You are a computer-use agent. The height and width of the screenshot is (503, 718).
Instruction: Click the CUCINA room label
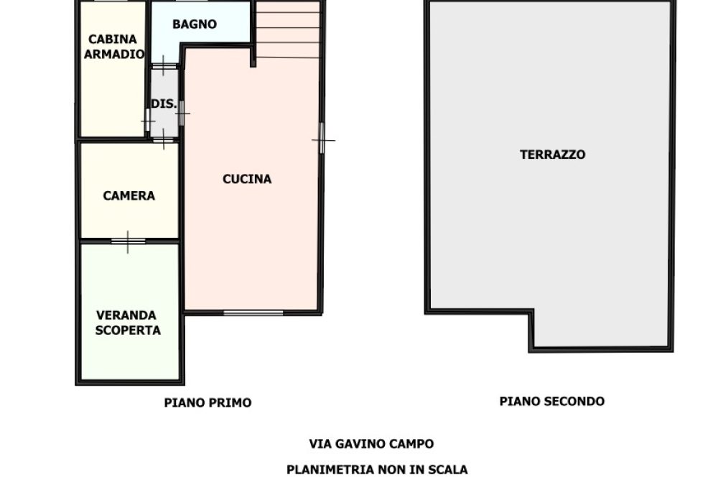click(x=247, y=179)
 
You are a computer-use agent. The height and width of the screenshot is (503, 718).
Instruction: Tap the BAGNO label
click(x=194, y=24)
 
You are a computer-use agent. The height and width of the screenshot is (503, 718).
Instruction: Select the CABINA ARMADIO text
click(x=114, y=47)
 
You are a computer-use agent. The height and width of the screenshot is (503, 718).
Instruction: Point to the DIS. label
click(x=164, y=103)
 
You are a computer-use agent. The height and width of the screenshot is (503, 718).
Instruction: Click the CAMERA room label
click(x=129, y=195)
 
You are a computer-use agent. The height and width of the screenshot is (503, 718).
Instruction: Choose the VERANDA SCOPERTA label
click(x=128, y=323)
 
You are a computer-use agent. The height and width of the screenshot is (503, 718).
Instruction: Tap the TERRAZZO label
click(x=552, y=154)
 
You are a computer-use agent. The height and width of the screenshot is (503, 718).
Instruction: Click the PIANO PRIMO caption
click(x=208, y=403)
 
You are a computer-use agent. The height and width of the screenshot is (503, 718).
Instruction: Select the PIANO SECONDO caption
click(x=551, y=402)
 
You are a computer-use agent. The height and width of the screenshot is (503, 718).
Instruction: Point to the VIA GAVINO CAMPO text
click(x=371, y=444)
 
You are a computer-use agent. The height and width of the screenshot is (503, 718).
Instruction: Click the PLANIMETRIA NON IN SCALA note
click(x=377, y=470)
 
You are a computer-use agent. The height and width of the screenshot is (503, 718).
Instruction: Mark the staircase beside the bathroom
click(x=288, y=30)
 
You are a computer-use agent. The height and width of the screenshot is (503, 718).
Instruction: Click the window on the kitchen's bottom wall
click(x=253, y=313)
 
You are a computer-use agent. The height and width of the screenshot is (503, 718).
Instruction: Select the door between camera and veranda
click(x=128, y=241)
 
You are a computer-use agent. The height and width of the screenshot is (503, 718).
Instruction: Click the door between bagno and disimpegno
click(x=164, y=66)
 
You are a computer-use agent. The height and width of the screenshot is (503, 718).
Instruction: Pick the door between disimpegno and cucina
click(x=181, y=113)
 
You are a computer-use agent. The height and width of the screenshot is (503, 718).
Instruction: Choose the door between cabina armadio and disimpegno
click(x=149, y=119)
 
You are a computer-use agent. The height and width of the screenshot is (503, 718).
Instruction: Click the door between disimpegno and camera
click(x=164, y=139)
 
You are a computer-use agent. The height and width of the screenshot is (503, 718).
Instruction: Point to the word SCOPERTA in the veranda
click(x=128, y=331)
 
